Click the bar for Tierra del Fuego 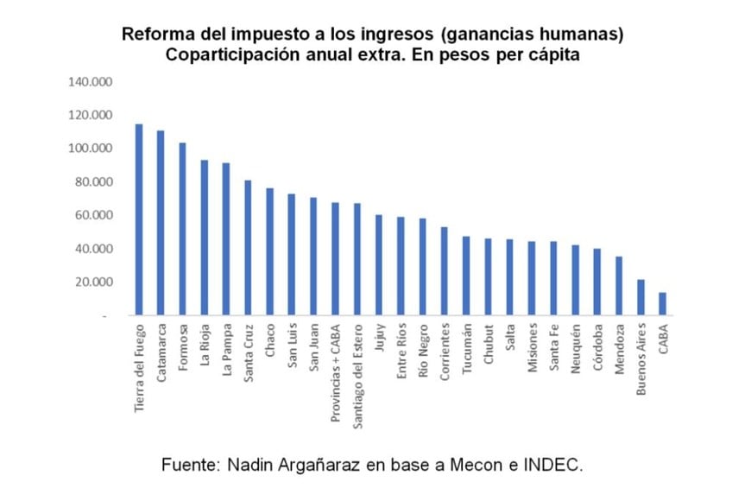[x=138, y=220]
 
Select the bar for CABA [x=662, y=304]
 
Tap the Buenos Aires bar [x=641, y=298]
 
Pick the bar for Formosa [x=182, y=229]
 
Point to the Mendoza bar [x=619, y=286]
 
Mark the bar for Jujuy [x=378, y=265]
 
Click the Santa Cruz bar [x=248, y=248]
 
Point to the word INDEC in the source [x=557, y=465]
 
